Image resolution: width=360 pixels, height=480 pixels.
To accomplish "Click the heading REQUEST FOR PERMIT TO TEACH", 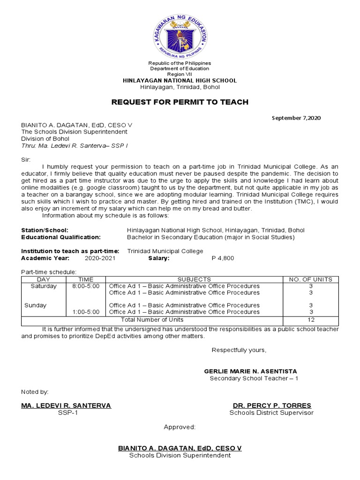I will click(180, 102).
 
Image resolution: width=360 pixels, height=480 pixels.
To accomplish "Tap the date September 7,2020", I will click(296, 118).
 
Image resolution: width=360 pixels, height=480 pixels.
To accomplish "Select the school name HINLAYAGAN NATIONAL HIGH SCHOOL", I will click(180, 81).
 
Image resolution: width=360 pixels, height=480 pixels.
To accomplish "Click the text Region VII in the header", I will click(180, 75).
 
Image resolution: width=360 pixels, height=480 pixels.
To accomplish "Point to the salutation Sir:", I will click(26, 160).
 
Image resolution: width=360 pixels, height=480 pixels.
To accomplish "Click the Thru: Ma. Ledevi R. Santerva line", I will click(75, 146).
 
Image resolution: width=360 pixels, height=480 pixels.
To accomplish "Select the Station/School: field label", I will click(45, 230).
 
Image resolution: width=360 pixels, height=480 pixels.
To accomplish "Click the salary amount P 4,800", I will click(223, 258).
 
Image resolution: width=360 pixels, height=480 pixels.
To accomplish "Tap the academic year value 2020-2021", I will click(100, 258).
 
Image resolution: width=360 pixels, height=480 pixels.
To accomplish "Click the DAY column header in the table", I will click(43, 279).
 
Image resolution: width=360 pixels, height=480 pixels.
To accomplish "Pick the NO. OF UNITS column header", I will click(310, 279).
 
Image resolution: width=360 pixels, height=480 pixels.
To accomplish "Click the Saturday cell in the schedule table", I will click(44, 286).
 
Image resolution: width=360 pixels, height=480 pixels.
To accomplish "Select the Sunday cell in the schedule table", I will click(36, 305).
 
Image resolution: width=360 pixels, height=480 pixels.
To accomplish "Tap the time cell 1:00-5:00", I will click(86, 312).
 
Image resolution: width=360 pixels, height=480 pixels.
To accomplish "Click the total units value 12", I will click(311, 320).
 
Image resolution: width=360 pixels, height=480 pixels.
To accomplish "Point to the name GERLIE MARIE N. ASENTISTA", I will click(250, 371).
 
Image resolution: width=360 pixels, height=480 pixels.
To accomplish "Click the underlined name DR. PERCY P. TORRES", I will click(272, 405).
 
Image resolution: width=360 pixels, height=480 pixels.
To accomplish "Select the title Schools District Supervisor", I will click(271, 413).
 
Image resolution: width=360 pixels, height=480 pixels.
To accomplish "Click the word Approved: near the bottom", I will click(180, 427).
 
